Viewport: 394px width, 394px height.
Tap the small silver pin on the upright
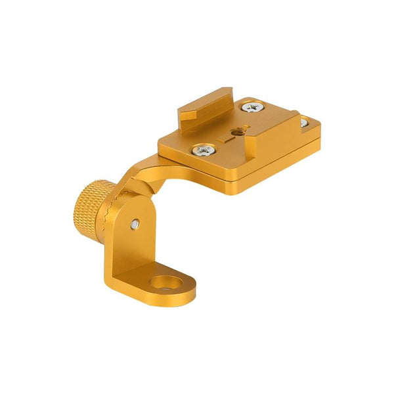click(134, 223)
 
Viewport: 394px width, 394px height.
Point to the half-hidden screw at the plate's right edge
click(303, 122)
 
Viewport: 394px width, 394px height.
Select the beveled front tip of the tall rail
click(188, 117)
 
